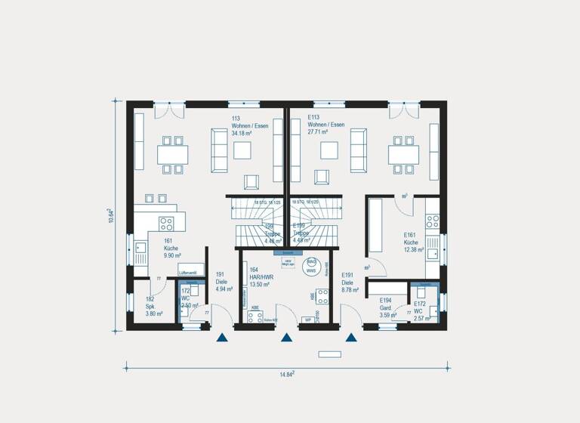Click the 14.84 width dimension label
(x=288, y=373)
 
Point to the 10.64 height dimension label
(x=110, y=215)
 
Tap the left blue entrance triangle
(x=221, y=338)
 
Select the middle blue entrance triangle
(x=286, y=338)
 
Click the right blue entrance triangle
(x=351, y=338)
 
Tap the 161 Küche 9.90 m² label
(x=171, y=249)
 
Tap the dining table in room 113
(x=172, y=153)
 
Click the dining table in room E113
(x=403, y=153)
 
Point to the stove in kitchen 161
(x=166, y=224)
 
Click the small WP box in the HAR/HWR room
(x=307, y=320)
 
